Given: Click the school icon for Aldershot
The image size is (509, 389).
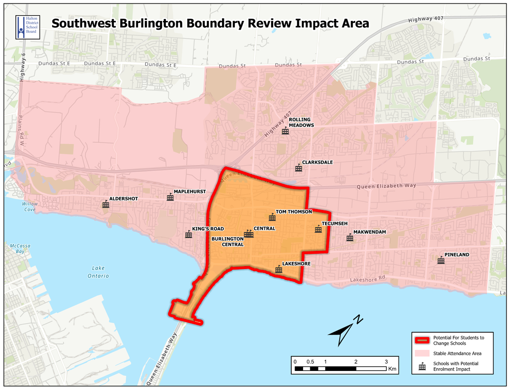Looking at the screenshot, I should click(106, 205).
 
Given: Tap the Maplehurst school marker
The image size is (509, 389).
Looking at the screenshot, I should click(170, 197).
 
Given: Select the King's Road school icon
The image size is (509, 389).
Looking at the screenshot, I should click(189, 235).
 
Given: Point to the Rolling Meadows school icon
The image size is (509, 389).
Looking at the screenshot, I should click(285, 131).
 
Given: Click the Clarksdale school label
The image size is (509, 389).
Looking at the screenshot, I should click(317, 162).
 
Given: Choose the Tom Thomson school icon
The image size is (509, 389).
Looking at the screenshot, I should click(272, 218).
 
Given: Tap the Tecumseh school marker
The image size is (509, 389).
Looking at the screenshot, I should click(318, 229).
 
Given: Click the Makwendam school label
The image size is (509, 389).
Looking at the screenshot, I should click(369, 232).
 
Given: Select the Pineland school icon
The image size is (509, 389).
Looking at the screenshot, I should click(441, 260).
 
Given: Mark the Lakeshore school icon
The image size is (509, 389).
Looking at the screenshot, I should click(279, 269).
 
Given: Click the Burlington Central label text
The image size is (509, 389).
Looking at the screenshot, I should click(228, 241).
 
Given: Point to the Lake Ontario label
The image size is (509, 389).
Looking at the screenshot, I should click(98, 272).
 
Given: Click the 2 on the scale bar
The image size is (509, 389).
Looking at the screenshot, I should click(356, 362).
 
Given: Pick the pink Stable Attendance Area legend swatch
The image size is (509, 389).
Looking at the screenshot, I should click(422, 353).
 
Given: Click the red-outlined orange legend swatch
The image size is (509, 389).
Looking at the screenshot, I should click(422, 340).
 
